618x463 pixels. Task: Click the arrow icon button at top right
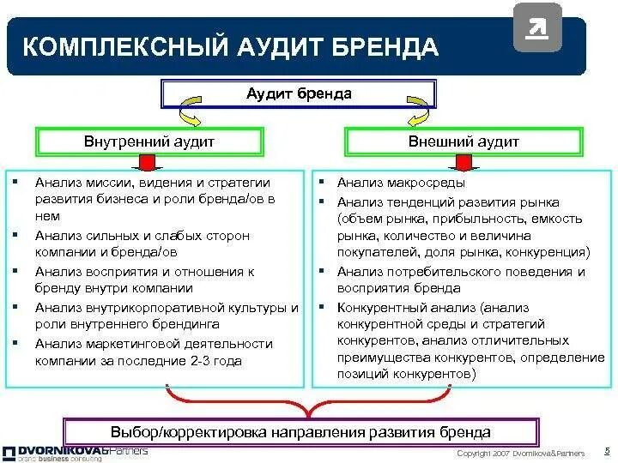[537, 27]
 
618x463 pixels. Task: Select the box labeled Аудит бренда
[299, 93]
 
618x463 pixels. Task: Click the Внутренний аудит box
[148, 141]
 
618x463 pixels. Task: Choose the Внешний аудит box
[463, 141]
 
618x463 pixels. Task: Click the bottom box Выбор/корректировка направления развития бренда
[301, 432]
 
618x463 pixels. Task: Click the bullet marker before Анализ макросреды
[319, 183]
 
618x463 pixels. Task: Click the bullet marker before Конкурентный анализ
[319, 306]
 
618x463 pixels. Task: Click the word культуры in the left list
[257, 307]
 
